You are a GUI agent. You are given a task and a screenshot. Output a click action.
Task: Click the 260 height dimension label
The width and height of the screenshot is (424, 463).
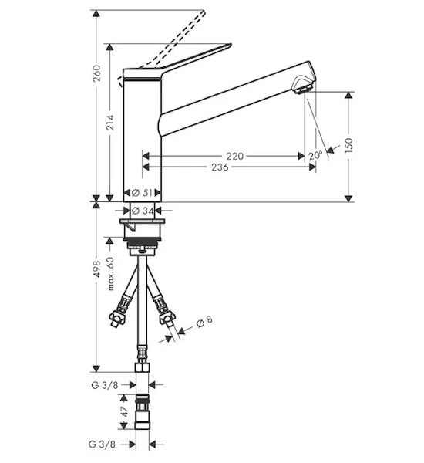click(96, 73)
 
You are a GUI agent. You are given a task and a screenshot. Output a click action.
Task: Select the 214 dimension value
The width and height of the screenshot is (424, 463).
click(110, 122)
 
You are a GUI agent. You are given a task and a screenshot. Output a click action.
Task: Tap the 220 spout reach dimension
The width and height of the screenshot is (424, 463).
click(235, 156)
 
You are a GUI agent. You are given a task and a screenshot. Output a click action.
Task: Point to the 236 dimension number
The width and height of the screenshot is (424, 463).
click(220, 167)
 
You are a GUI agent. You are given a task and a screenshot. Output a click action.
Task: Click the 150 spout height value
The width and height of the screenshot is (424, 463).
click(348, 145)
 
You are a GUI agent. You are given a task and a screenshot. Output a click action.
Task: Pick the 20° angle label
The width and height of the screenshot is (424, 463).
click(315, 155)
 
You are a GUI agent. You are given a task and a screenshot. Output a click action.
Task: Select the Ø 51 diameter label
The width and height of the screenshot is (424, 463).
click(143, 193)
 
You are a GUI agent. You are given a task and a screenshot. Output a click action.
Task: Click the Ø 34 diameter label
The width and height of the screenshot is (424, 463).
click(143, 211)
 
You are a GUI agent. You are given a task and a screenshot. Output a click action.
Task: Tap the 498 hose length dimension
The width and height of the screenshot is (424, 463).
click(96, 269)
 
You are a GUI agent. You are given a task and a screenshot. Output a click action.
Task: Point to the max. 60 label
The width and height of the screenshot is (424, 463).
click(110, 274)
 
